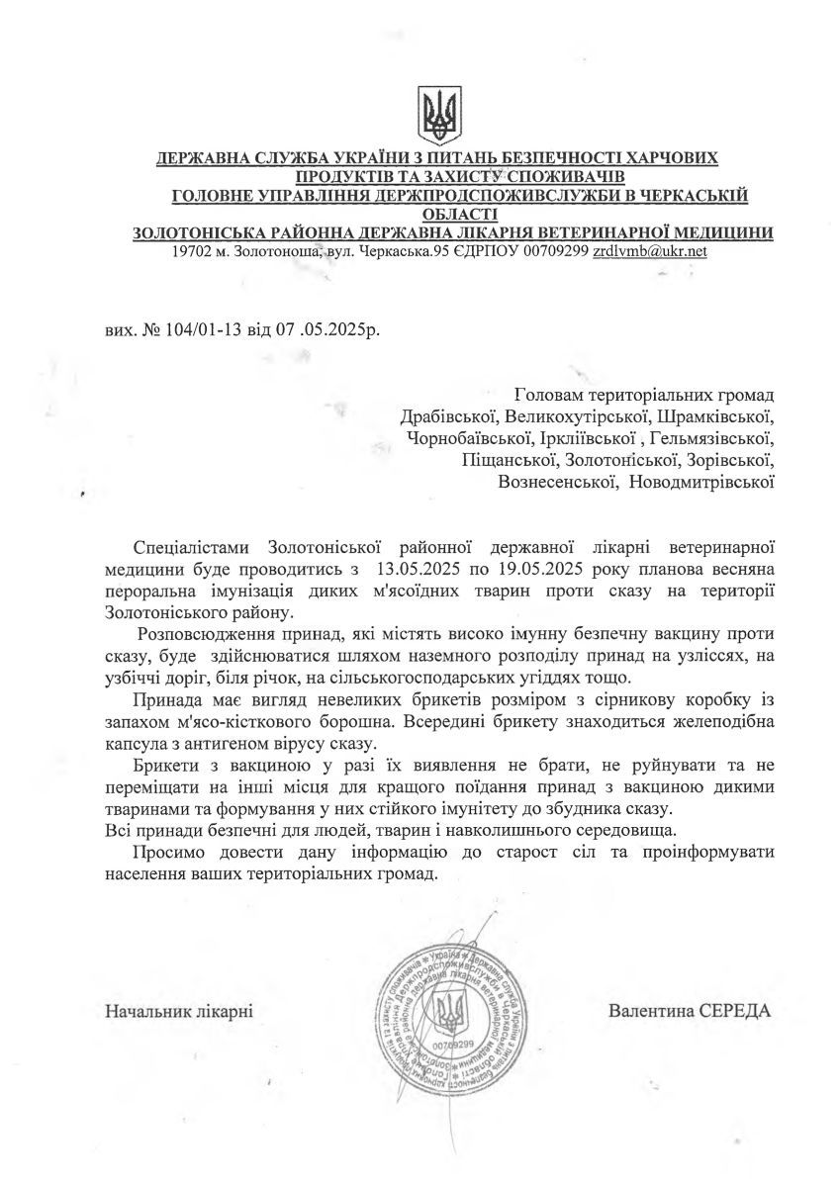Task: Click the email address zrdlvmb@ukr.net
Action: coord(649,251)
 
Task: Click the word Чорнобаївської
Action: coord(468,438)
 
